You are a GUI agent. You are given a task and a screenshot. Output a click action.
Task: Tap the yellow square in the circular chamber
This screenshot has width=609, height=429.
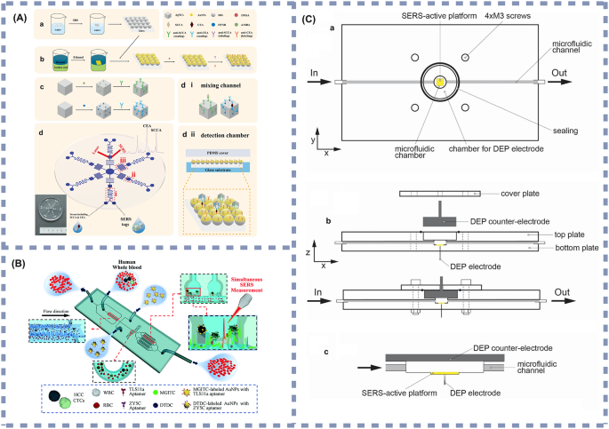coord(439,83)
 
